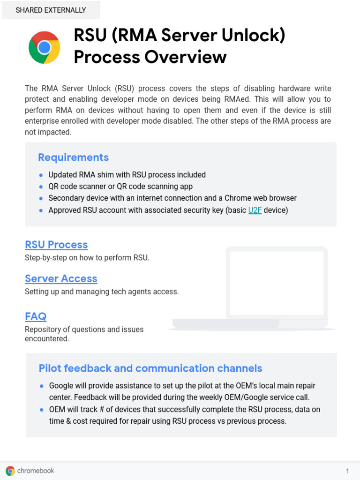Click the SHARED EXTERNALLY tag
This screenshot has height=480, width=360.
[x=51, y=10]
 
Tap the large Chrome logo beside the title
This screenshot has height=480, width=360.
[x=44, y=47]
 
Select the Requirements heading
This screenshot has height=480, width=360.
[x=73, y=157]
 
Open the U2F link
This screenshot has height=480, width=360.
[x=255, y=210]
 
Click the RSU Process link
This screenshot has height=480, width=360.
[x=56, y=245]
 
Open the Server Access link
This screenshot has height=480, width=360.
[x=61, y=278]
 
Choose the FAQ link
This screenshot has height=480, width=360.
[x=36, y=316]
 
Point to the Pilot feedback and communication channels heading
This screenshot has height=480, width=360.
[x=150, y=368]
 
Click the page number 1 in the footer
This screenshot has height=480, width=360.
[x=347, y=471]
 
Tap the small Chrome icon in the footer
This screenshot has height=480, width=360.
[x=10, y=471]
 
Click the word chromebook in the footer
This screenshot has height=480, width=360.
[x=36, y=471]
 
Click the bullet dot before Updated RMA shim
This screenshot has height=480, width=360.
[x=41, y=175]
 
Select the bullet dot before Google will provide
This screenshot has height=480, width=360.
[x=42, y=386]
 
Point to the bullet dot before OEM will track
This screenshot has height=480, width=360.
[x=42, y=409]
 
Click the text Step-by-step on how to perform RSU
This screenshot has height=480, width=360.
[x=87, y=258]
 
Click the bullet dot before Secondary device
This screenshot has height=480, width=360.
[x=41, y=198]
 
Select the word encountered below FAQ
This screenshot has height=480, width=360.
[x=47, y=338]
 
